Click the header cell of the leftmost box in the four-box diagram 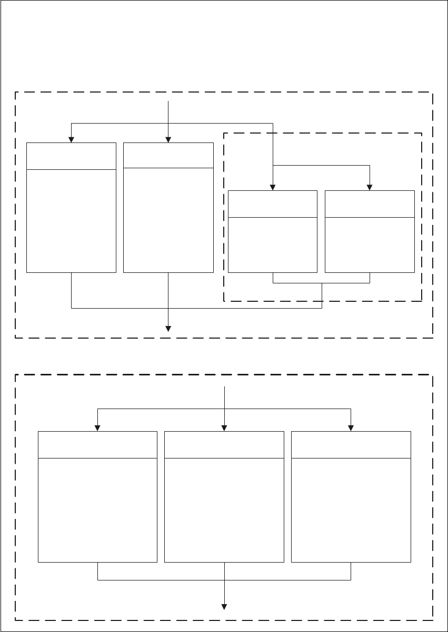point(71,156)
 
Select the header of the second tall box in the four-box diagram point(168,155)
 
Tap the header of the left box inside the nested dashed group point(273,203)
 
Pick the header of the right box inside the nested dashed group point(370,203)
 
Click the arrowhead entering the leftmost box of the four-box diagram point(71,139)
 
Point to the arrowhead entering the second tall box point(168,139)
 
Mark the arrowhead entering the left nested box point(273,187)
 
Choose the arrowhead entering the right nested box point(370,187)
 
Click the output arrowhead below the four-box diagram point(168,329)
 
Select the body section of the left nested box point(273,244)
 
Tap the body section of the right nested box point(370,244)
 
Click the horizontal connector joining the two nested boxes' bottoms point(321,283)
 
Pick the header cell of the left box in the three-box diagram point(98,445)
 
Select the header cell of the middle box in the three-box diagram point(224,445)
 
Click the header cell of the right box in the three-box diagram point(351,445)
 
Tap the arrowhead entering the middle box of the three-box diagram point(225,428)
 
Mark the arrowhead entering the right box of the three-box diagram point(351,428)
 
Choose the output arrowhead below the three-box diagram point(225,607)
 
